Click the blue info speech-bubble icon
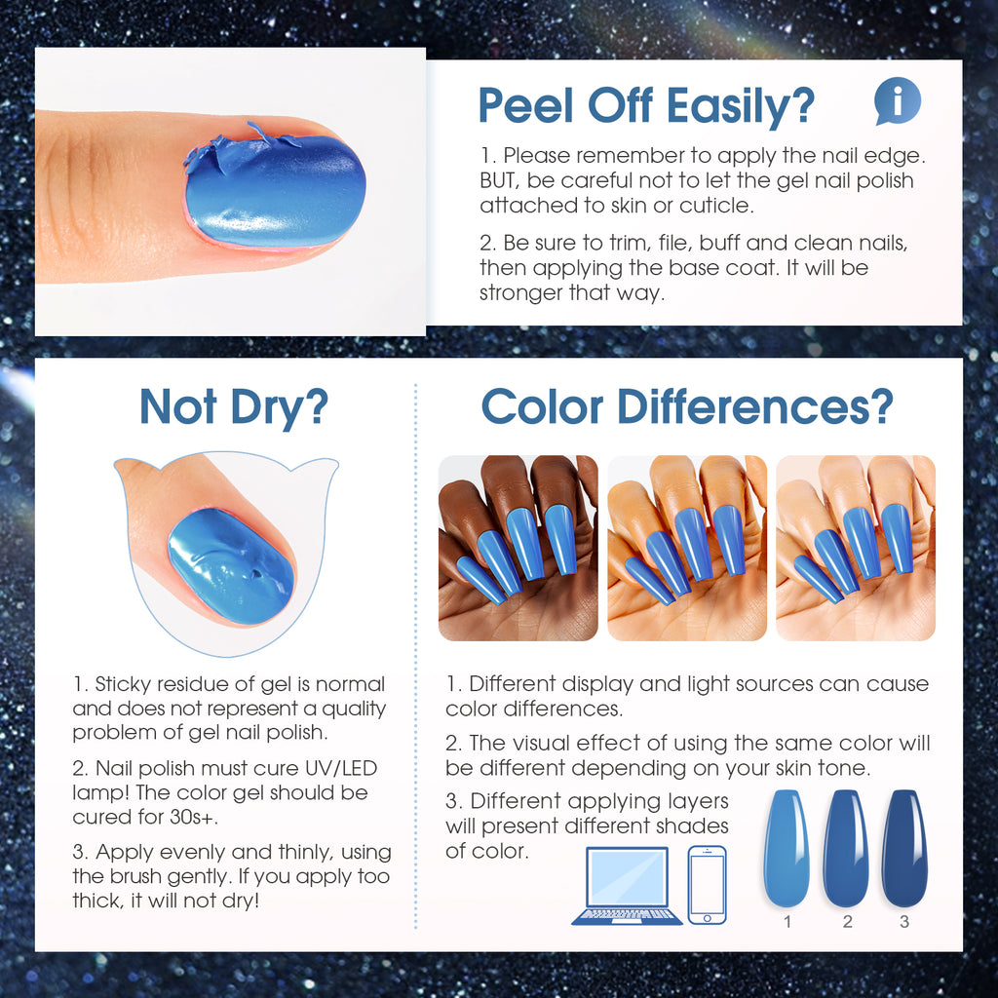[x=898, y=101]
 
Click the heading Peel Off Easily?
[x=646, y=105]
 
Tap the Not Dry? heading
[x=234, y=407]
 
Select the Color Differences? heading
[x=687, y=406]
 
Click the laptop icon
[x=627, y=885]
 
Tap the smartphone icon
[x=708, y=884]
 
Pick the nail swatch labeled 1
[x=787, y=848]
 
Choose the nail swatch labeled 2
[x=846, y=848]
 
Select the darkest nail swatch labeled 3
[x=904, y=848]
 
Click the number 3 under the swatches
[x=904, y=922]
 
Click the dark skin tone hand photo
[x=518, y=548]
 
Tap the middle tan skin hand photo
[x=687, y=548]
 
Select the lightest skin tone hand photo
[x=856, y=548]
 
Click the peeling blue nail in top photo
[x=275, y=191]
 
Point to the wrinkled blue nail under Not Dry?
[x=230, y=566]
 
